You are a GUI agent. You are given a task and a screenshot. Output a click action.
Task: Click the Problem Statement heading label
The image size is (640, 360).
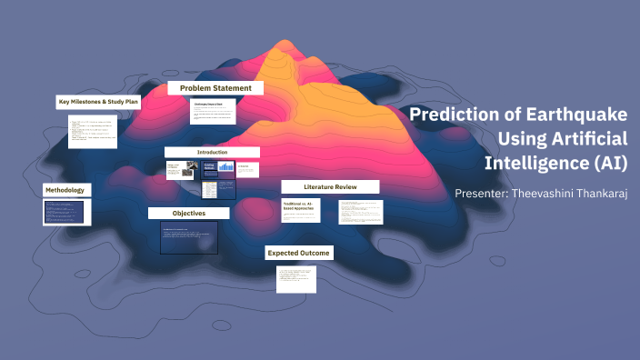point(215,88)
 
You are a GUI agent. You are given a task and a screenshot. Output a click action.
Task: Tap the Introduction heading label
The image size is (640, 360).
point(212,152)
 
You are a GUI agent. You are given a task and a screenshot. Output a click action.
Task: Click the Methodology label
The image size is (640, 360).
point(66,190)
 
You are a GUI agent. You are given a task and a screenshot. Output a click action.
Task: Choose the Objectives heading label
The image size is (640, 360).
point(188,213)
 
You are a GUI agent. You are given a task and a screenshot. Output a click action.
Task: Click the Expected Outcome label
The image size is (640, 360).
point(298,252)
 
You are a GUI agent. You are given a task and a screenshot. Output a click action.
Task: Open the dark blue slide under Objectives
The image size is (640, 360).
point(188,237)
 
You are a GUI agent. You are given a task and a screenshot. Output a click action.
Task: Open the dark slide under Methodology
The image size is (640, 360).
point(64,213)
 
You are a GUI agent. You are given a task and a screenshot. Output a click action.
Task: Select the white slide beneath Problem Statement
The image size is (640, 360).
point(214,113)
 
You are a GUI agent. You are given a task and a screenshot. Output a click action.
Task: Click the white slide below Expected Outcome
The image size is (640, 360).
point(296,278)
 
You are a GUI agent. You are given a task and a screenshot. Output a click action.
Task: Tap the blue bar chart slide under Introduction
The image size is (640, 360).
point(217,169)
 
